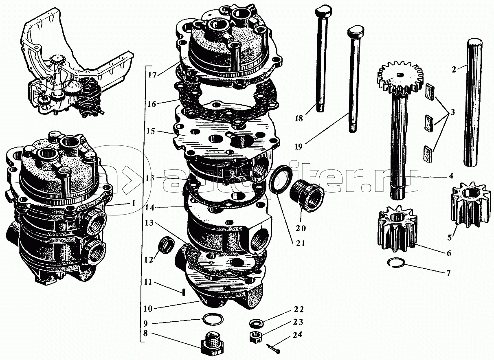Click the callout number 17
(152, 75)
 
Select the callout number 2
(453, 70)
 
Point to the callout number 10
(148, 309)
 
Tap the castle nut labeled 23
(256, 337)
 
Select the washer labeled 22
(255, 323)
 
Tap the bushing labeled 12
(167, 243)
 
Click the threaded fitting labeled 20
(307, 199)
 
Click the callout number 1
(133, 203)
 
